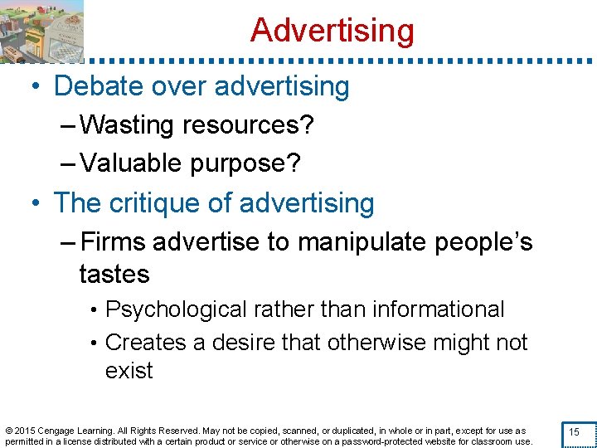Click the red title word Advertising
[x=332, y=31]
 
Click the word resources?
[x=248, y=126]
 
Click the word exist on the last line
[x=129, y=370]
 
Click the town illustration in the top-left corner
[x=41, y=32]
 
